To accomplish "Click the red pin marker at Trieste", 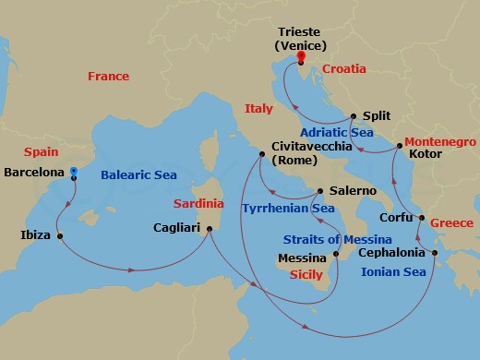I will pyautogui.click(x=300, y=56).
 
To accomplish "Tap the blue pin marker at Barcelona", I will pyautogui.click(x=74, y=172).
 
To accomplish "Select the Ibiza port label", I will pyautogui.click(x=35, y=235).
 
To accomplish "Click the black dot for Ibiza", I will pyautogui.click(x=60, y=235).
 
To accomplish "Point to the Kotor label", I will pyautogui.click(x=425, y=154).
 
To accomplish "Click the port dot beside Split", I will pyautogui.click(x=353, y=117).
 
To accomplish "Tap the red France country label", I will pyautogui.click(x=108, y=77).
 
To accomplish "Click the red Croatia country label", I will pyautogui.click(x=345, y=68).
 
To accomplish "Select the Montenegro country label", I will pyautogui.click(x=439, y=142).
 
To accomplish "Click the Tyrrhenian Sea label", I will pyautogui.click(x=287, y=209).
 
